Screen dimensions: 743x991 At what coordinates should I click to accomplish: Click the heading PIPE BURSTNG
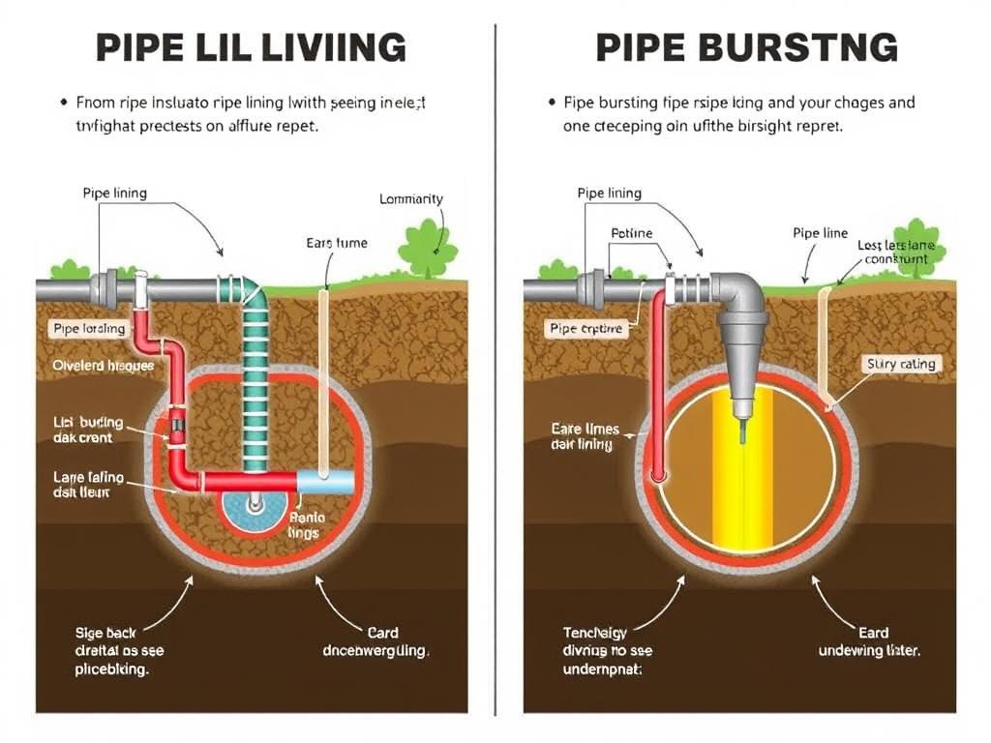click(x=745, y=47)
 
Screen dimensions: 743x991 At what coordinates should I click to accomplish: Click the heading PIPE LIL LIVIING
click(x=252, y=47)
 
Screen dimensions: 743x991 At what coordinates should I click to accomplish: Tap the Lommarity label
click(x=411, y=199)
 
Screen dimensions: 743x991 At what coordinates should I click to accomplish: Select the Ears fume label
click(x=337, y=243)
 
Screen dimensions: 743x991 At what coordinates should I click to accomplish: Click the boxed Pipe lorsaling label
click(x=88, y=329)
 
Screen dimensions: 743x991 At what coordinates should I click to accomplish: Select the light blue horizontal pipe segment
click(x=324, y=481)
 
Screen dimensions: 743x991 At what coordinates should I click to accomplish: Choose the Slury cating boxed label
click(x=900, y=364)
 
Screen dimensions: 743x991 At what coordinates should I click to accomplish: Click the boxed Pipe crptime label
click(x=586, y=329)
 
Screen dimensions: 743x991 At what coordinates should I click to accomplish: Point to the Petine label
click(x=631, y=233)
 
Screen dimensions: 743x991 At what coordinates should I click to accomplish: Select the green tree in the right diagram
click(x=919, y=248)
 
